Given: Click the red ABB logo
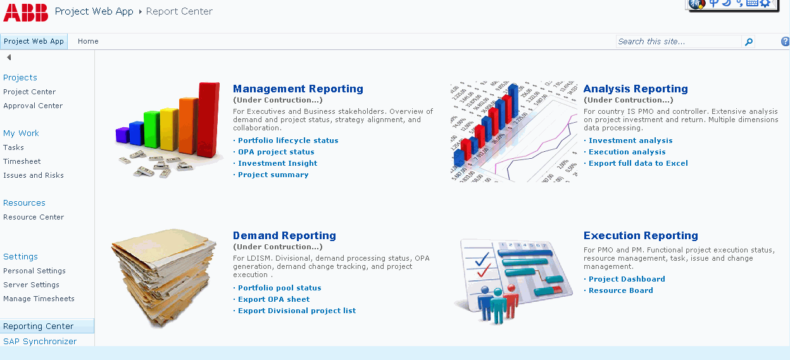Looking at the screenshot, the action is tap(25, 13).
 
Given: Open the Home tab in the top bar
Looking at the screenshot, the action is tap(88, 41).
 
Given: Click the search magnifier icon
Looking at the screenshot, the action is tap(748, 42).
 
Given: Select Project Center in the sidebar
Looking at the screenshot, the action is tap(29, 92).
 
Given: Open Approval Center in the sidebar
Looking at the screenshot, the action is tap(33, 106).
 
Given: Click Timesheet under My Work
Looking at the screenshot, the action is tap(22, 161).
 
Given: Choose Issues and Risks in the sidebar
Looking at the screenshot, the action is tap(34, 175).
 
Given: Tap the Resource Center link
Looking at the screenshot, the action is tap(34, 217).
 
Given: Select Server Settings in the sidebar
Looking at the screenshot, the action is tap(31, 285).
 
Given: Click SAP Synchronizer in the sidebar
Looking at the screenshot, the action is tap(40, 341).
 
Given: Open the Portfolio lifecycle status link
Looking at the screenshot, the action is tap(288, 140).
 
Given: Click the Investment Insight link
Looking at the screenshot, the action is tap(277, 163).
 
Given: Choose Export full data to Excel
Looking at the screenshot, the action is tap(638, 163).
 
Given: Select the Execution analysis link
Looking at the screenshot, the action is tap(627, 152).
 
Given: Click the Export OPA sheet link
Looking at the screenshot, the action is tap(273, 299).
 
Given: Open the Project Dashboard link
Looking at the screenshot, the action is tap(627, 279).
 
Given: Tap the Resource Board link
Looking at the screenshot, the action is tap(621, 290).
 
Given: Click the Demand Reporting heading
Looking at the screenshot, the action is tap(284, 235).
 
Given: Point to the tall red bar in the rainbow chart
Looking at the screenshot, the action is tap(208, 120).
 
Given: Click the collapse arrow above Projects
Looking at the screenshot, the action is tap(9, 58).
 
